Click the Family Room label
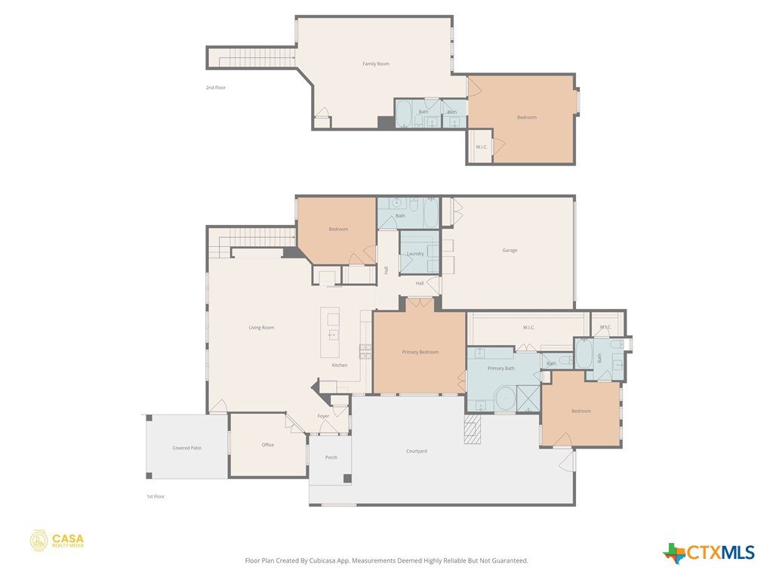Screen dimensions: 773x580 pyautogui.click(x=376, y=63)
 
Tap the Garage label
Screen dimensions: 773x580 pyautogui.click(x=510, y=250)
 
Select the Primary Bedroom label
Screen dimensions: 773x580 pyautogui.click(x=420, y=352)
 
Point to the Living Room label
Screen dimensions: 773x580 pyautogui.click(x=261, y=328)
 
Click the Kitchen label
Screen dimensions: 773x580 pyautogui.click(x=340, y=365)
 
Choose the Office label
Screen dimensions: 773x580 pyautogui.click(x=268, y=445)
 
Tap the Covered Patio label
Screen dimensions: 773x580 pyautogui.click(x=187, y=448)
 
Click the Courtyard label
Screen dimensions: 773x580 pyautogui.click(x=417, y=451)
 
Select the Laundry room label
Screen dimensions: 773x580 pyautogui.click(x=415, y=254)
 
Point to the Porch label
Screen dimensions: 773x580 pyautogui.click(x=331, y=457)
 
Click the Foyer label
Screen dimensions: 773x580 pyautogui.click(x=323, y=416)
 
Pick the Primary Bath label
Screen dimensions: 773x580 pyautogui.click(x=501, y=369)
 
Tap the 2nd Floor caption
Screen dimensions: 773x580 pyautogui.click(x=216, y=88)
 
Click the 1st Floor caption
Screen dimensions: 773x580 pyautogui.click(x=156, y=497)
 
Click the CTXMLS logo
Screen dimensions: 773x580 pyautogui.click(x=709, y=552)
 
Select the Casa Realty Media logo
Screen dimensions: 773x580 pyautogui.click(x=57, y=541)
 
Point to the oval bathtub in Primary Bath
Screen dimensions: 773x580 pyautogui.click(x=504, y=399)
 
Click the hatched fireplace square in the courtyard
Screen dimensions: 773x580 pyautogui.click(x=473, y=429)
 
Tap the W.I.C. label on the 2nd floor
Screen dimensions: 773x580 pyautogui.click(x=482, y=147)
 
